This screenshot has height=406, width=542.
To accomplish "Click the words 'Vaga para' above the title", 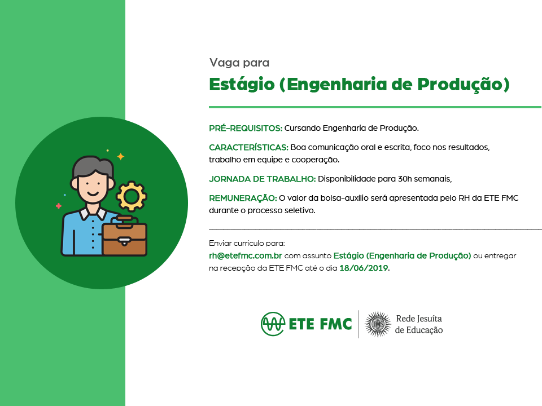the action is pos(239,63).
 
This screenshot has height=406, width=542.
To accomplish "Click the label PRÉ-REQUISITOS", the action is pos(246,128).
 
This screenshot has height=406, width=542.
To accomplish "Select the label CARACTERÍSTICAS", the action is pos(248,147).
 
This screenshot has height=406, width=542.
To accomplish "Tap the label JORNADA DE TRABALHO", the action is pos(263,179).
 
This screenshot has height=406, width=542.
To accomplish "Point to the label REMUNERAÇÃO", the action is pos(243,198).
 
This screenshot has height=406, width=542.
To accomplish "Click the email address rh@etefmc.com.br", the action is pos(246,256).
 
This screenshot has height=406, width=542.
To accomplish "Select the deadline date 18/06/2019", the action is pos(364,268).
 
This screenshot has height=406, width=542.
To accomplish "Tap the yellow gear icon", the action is pos(132,196).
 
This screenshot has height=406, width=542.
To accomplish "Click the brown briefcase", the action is pos(125,236).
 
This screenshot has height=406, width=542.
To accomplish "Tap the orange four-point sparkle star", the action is pos(121,157).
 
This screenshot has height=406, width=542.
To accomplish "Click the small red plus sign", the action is pos(59,206).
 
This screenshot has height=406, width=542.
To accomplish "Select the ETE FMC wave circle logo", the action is pos(273,324).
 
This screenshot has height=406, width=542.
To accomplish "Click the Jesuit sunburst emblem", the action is pos(378,324).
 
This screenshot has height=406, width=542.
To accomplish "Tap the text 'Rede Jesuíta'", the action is pos(419,319).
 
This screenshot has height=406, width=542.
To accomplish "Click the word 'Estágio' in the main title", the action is pos(242,85).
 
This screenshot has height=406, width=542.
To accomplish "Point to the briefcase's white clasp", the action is pos(124,241).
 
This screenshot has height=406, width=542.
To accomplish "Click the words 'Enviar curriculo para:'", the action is pos(247,244).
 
